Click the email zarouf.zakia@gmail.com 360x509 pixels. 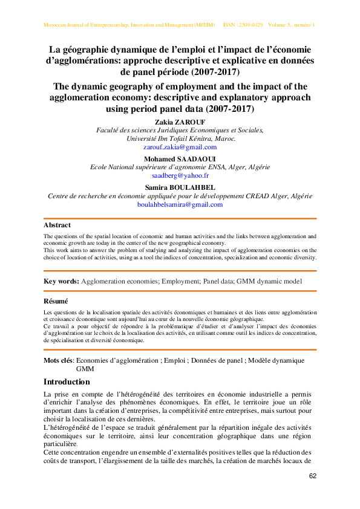tap(180, 147)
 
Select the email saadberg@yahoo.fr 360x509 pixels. tap(180, 175)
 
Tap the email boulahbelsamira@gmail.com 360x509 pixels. tap(180, 204)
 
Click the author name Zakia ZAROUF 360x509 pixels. tap(180, 122)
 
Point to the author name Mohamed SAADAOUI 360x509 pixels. tap(180, 158)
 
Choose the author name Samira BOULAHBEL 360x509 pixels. tap(180, 187)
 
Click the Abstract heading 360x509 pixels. tap(57, 225)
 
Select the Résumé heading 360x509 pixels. tap(56, 301)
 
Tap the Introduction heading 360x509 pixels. tap(67, 382)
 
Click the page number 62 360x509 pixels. tap(313, 476)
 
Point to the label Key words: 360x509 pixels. tap(61, 281)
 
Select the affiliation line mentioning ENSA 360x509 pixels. tap(180, 167)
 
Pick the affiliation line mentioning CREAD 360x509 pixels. tap(180, 196)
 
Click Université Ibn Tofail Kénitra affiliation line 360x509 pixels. tap(180, 138)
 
